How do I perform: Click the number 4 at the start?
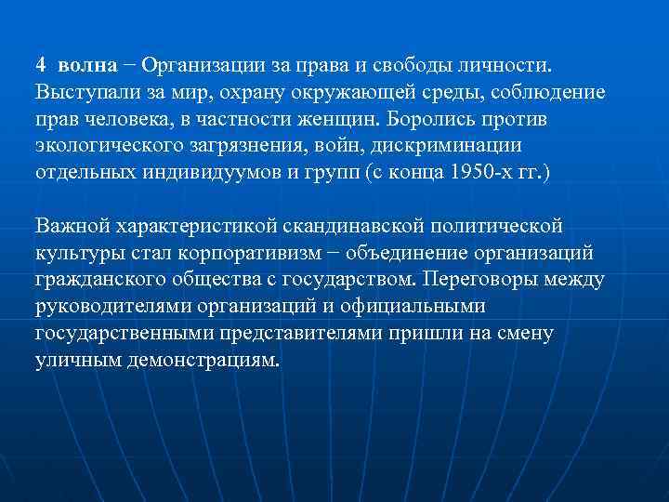pyautogui.click(x=41, y=66)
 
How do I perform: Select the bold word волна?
pyautogui.click(x=87, y=66)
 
